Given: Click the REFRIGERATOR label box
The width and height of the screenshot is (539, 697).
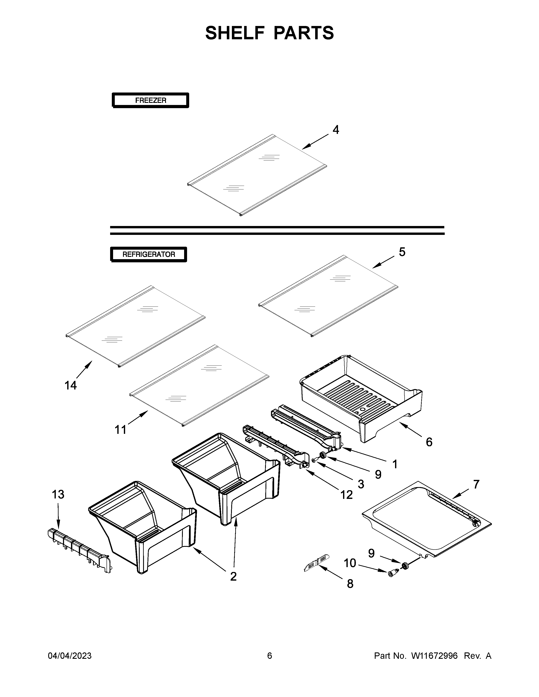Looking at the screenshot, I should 149,254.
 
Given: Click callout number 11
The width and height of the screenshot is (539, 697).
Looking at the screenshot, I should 120,430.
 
